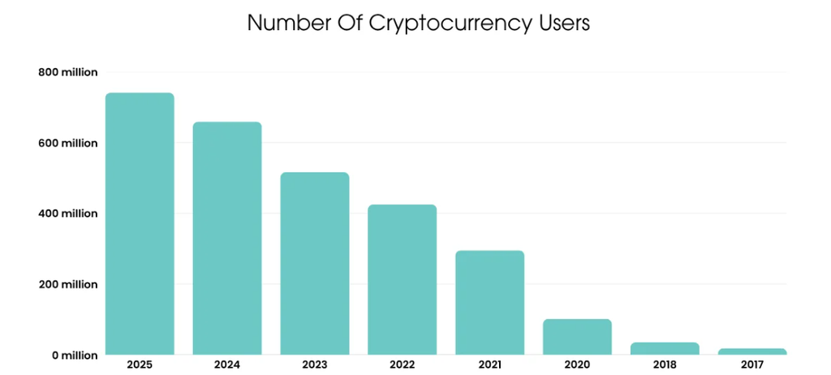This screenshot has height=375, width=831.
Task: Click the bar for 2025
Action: coord(140,224)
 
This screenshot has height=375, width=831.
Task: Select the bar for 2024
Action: coord(227,238)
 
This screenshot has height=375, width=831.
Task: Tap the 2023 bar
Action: coord(315,264)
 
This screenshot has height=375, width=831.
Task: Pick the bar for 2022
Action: coord(403,279)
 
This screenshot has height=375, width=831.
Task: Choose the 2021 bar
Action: coord(489,302)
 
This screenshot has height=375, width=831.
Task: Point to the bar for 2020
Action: coord(577,337)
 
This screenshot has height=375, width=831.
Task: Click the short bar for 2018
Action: coord(665,348)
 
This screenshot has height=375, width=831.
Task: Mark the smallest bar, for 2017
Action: coord(752,351)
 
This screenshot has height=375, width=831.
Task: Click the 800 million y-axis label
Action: coord(68,72)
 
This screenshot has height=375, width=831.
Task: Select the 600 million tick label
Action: coord(68,143)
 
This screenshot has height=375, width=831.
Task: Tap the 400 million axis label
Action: coord(68,213)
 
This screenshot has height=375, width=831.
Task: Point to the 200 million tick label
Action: coord(68,284)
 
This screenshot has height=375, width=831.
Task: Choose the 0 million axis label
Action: coord(75,356)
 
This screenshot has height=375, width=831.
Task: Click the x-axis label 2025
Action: coord(140,365)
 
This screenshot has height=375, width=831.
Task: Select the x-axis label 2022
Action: coord(403,365)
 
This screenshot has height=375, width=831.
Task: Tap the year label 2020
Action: coord(577,365)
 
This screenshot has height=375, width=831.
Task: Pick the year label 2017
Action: coord(752,365)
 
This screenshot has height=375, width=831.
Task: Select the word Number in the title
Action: coord(283,23)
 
